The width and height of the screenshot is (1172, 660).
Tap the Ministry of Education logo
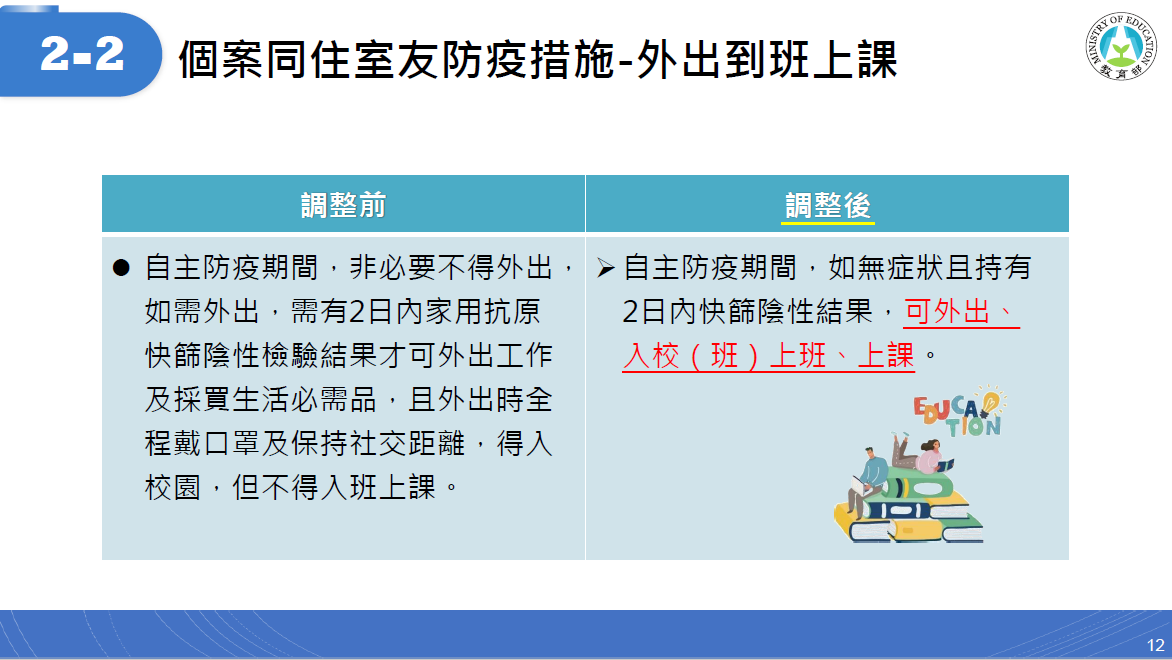point(1120,46)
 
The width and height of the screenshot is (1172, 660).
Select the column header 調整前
point(343,205)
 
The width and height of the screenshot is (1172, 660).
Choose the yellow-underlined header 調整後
point(827,206)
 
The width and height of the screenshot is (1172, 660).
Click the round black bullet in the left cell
point(121,268)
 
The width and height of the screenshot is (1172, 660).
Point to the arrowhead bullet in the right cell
point(605,268)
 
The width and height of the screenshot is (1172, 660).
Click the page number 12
point(1156,645)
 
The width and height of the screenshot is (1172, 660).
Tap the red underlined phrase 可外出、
point(961,312)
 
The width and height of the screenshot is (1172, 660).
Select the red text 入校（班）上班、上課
point(768,356)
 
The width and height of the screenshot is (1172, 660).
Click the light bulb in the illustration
point(991,401)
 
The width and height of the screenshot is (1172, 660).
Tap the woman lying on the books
point(922,453)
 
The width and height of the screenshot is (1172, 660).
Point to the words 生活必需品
point(303,400)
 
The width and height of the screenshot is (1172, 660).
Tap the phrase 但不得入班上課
point(333,488)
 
